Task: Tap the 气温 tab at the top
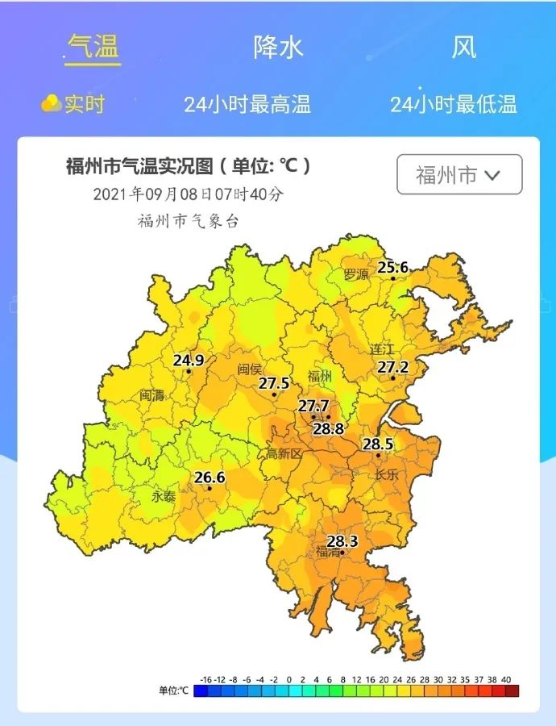click(93, 47)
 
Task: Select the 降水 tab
click(278, 47)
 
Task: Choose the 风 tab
click(463, 47)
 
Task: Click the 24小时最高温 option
click(247, 104)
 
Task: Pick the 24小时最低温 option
click(453, 104)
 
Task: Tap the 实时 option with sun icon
click(74, 104)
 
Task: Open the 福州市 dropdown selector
click(459, 174)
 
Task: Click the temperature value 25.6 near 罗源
click(393, 267)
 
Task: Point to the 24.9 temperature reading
click(188, 360)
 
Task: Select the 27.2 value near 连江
click(393, 367)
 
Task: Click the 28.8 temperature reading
click(329, 428)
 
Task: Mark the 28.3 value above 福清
click(342, 540)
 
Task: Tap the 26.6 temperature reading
click(210, 478)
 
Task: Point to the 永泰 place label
click(164, 496)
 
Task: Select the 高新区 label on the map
click(284, 454)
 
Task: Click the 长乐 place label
click(387, 474)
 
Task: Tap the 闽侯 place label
click(250, 369)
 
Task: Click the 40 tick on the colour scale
click(506, 679)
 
